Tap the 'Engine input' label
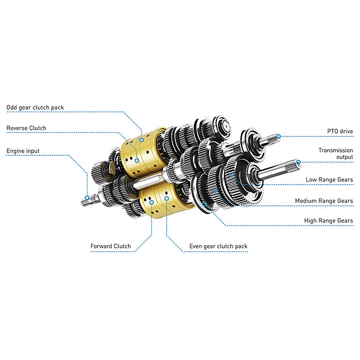[x=23, y=151]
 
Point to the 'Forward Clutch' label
[x=111, y=246]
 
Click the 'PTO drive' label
[x=340, y=132]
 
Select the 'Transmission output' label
[x=335, y=153]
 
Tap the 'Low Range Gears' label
[x=329, y=179]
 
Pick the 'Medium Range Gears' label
[x=324, y=201]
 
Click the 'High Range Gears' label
[x=329, y=221]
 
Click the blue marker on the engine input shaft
[x=87, y=198]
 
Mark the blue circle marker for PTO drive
[x=278, y=136]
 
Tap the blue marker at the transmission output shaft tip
[x=298, y=161]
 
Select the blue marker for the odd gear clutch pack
[x=141, y=140]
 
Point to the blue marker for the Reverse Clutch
[x=137, y=160]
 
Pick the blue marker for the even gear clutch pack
[x=167, y=197]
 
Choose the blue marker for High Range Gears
[x=205, y=204]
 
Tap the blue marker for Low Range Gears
[x=232, y=175]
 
